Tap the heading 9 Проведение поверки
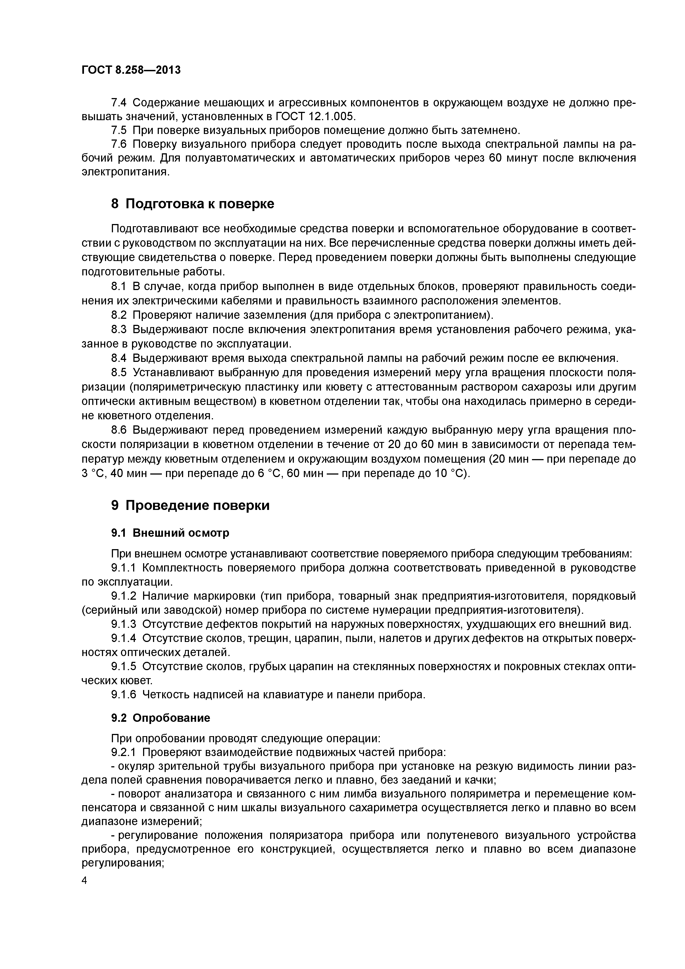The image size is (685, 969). pyautogui.click(x=190, y=505)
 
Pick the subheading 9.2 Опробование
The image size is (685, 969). pyautogui.click(x=160, y=718)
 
